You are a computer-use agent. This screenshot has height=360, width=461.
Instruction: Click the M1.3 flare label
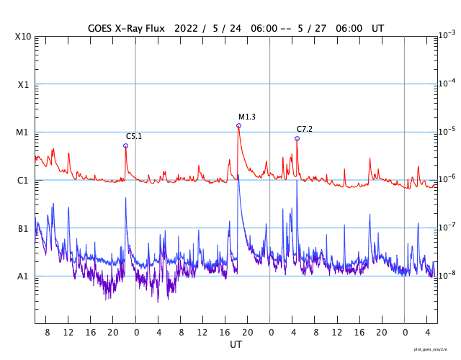coord(247,117)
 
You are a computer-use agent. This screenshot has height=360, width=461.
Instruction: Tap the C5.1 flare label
coord(134,136)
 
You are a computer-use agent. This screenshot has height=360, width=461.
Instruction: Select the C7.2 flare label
coord(305,129)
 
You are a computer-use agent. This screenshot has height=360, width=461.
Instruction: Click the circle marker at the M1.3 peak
coord(238,125)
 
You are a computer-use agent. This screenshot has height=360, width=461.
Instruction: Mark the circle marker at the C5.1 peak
coord(125,145)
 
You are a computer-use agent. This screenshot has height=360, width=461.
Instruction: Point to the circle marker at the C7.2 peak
coord(297,138)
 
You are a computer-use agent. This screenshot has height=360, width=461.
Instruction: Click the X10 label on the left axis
coord(23,37)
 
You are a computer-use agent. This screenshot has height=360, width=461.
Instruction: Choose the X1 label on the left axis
coord(23,84)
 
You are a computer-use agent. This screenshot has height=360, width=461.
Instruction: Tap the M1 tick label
coord(23,132)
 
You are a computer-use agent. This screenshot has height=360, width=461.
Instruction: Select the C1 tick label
coord(23,181)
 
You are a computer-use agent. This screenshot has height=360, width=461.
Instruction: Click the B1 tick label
coord(23,228)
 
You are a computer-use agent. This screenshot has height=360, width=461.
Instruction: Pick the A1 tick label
coord(23,276)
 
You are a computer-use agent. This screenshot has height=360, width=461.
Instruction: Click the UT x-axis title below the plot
coord(236,345)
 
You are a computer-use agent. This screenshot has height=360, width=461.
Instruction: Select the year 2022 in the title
coord(184,28)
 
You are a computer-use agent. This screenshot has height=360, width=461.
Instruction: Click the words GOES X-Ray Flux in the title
coord(126,28)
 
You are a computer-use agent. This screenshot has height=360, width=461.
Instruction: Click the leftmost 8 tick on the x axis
coord(47,333)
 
